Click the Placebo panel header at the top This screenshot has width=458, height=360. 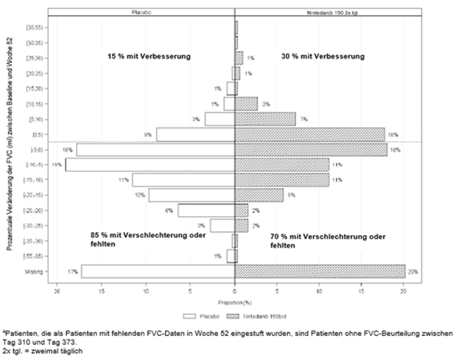click(x=143, y=12)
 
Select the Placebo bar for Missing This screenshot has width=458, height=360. click(x=158, y=270)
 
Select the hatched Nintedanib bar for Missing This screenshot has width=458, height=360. click(x=320, y=270)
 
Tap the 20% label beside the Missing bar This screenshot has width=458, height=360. click(x=412, y=271)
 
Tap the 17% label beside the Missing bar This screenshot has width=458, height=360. click(x=73, y=271)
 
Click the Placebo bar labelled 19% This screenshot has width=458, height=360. click(x=150, y=164)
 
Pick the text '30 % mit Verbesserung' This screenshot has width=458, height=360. click(x=328, y=56)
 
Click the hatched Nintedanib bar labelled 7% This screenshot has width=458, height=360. click(x=265, y=119)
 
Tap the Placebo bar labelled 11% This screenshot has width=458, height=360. click(x=184, y=180)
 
